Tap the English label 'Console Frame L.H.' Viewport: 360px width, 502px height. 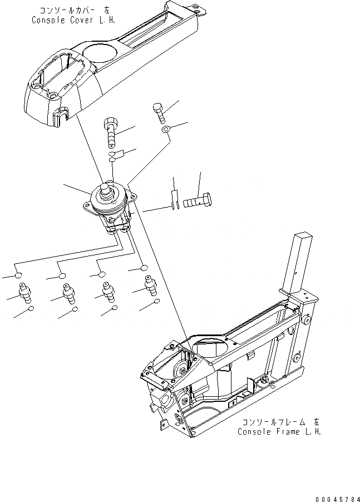pos(279,431)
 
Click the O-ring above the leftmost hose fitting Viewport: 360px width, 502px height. pos(19,275)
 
